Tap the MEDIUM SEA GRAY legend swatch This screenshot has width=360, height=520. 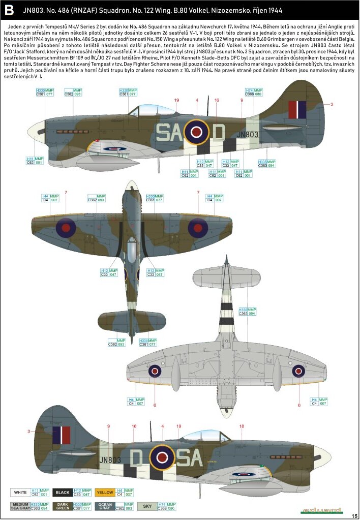(21, 507)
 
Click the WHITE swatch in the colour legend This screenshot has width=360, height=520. (21, 493)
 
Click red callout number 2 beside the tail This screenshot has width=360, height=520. (332, 105)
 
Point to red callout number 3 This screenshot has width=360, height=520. (28, 432)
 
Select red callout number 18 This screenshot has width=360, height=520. (242, 426)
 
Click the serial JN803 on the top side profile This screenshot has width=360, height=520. (248, 134)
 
